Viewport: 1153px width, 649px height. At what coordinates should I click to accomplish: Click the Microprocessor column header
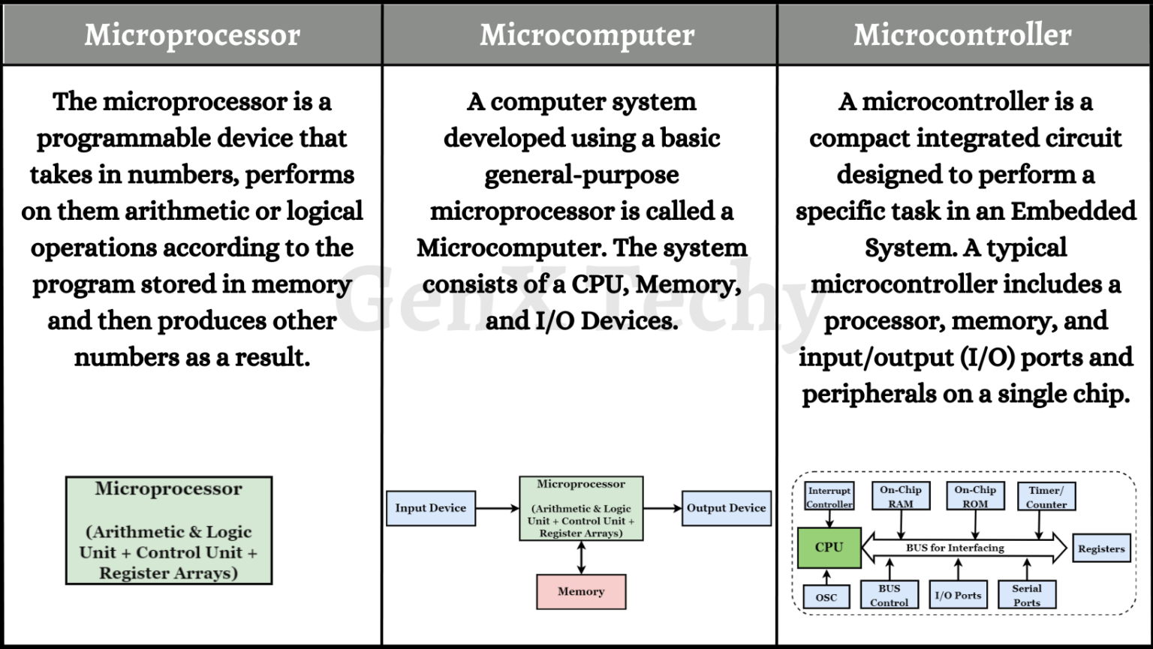(192, 35)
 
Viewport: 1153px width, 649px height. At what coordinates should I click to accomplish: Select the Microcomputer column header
(587, 35)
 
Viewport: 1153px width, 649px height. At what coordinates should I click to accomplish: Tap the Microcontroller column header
(962, 35)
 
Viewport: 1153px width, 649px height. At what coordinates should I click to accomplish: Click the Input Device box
(431, 508)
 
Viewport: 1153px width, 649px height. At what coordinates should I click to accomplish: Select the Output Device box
(726, 508)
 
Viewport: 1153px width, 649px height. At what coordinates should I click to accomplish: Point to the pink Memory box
(581, 591)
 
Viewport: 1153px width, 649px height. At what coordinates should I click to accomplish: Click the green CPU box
(829, 547)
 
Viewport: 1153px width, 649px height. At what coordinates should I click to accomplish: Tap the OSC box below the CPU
(826, 597)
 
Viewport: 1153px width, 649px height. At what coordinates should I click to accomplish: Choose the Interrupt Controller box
(829, 497)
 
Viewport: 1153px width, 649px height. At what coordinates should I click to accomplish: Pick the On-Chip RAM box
(900, 496)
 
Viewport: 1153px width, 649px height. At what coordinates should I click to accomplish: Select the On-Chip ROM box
(975, 496)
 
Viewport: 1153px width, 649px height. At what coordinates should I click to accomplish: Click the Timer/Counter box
(1046, 497)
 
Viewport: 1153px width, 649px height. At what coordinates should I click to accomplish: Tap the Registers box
(1101, 548)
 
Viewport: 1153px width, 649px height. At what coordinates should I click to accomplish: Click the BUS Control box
(889, 595)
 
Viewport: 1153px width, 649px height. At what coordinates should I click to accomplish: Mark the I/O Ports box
(958, 595)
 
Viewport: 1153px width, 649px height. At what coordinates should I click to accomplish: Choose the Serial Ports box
(1027, 595)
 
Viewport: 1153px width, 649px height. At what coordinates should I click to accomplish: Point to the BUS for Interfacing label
(955, 548)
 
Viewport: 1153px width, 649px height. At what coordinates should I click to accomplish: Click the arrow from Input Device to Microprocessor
(497, 508)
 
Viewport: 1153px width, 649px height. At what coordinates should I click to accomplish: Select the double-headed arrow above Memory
(581, 557)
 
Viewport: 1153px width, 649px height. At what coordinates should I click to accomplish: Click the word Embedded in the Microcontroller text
(1073, 211)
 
